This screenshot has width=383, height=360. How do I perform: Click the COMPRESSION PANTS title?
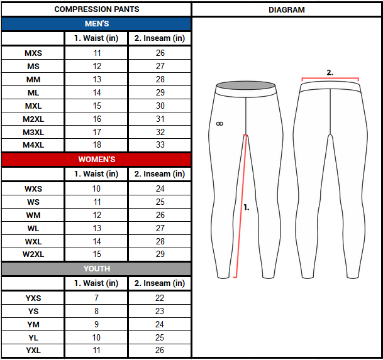click(97, 9)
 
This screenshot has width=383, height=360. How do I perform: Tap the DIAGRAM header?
click(287, 10)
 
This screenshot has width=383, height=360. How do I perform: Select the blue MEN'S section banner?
click(96, 24)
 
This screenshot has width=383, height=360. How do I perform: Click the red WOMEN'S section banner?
click(96, 160)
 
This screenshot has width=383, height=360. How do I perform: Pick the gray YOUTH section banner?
click(96, 268)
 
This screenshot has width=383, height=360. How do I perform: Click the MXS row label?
click(33, 53)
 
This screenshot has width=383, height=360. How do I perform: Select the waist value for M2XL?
click(97, 119)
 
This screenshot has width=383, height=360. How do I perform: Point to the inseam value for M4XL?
click(160, 145)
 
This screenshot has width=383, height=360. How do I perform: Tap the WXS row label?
click(33, 188)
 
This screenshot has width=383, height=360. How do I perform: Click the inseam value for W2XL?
click(160, 254)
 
